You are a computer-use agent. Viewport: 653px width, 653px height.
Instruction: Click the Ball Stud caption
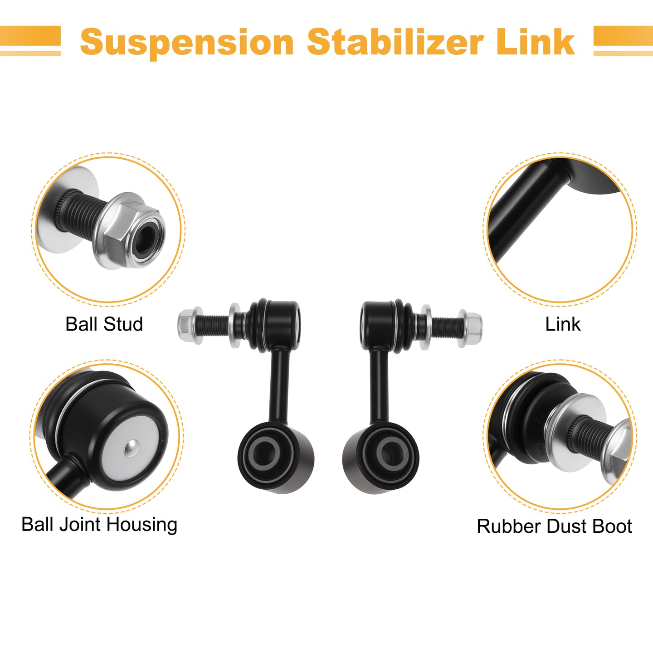point(104,324)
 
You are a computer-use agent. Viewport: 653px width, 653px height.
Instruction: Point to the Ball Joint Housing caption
point(99,524)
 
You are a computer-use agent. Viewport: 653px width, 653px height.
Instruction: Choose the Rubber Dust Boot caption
point(555,526)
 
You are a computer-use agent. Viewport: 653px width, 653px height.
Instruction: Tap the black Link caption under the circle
point(563,324)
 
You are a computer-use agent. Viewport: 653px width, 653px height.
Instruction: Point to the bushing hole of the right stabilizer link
point(391,454)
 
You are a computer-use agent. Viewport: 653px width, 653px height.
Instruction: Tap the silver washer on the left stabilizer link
point(234,325)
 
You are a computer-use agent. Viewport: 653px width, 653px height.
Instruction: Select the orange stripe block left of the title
point(30,41)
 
